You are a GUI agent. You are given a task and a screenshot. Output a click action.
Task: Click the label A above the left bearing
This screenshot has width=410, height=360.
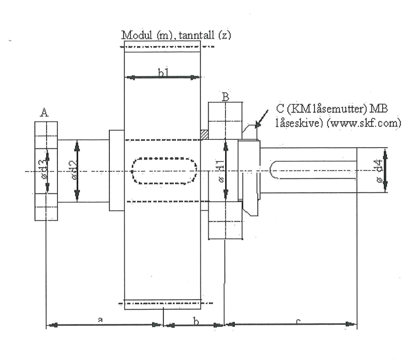(x=45, y=112)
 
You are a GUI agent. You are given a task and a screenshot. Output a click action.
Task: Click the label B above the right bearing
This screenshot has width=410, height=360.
(x=226, y=97)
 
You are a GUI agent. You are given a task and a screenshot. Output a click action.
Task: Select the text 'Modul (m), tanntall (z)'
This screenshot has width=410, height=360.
(x=176, y=35)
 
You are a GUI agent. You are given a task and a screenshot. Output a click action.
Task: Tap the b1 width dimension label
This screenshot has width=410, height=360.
(x=163, y=72)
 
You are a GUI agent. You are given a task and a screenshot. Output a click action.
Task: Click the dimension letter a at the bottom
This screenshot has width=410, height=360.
(x=100, y=320)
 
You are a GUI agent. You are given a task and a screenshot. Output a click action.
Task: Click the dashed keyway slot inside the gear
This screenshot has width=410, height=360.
(x=163, y=171)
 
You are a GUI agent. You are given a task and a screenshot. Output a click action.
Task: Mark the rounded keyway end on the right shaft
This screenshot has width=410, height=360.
(x=273, y=170)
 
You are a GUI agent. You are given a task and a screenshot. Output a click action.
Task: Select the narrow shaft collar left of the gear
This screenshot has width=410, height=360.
(x=116, y=170)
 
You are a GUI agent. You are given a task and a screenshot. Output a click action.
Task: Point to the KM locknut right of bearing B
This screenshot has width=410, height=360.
(x=249, y=170)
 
